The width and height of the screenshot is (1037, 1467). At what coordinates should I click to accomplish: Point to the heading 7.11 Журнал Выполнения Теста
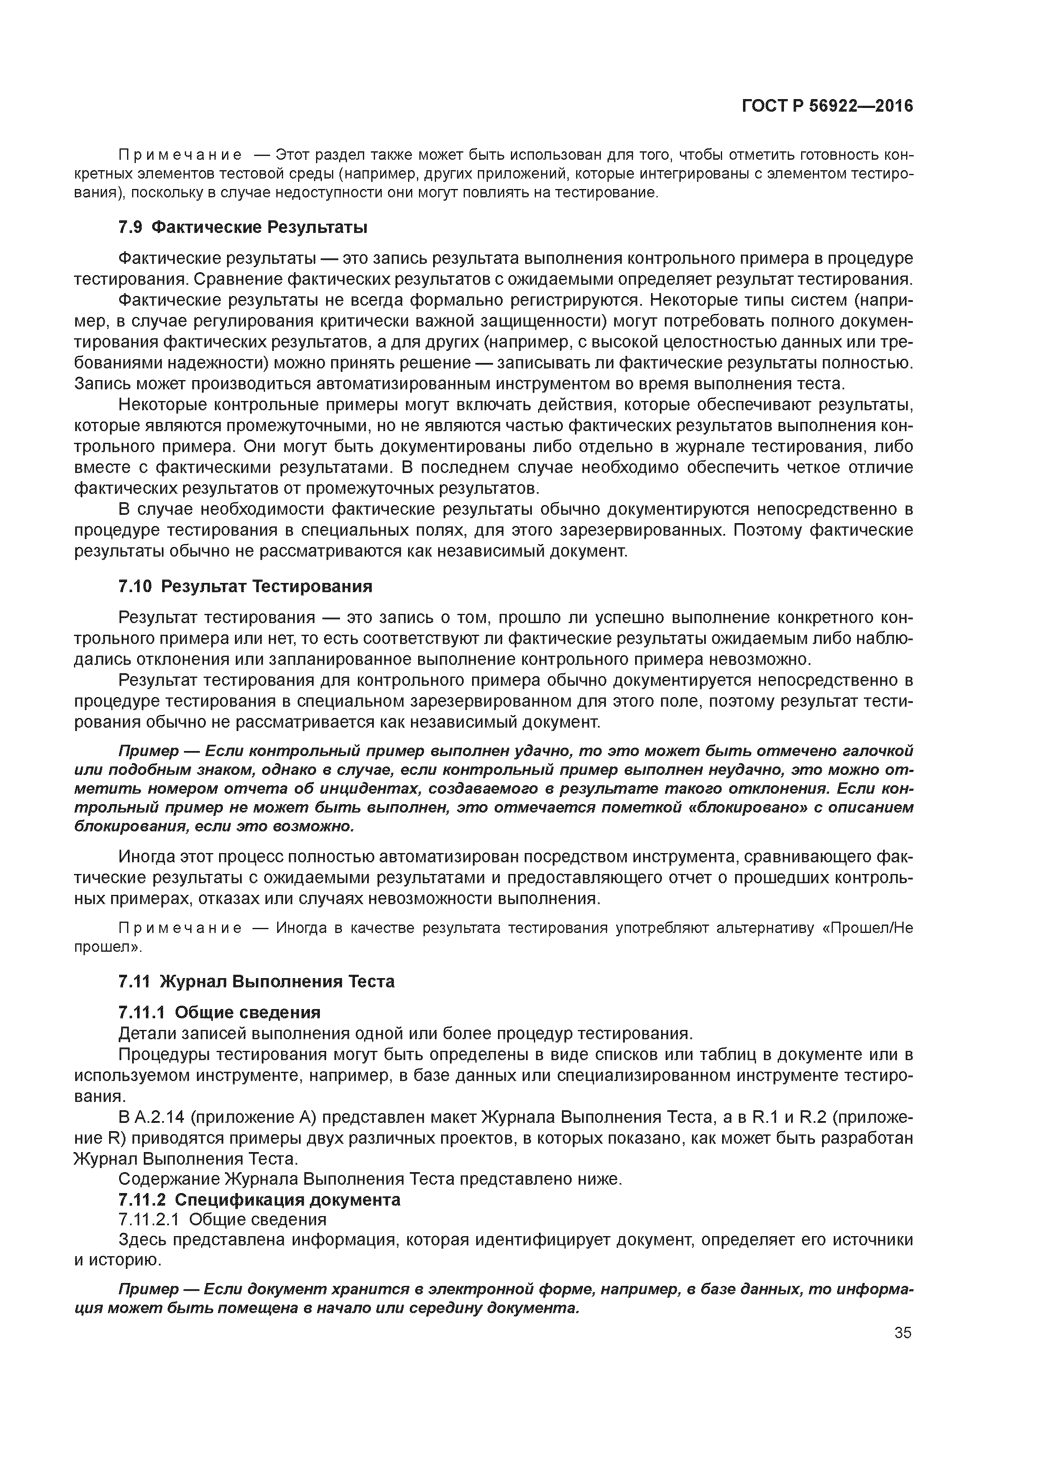coord(256,981)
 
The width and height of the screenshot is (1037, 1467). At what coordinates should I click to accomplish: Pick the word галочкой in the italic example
coord(878,750)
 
